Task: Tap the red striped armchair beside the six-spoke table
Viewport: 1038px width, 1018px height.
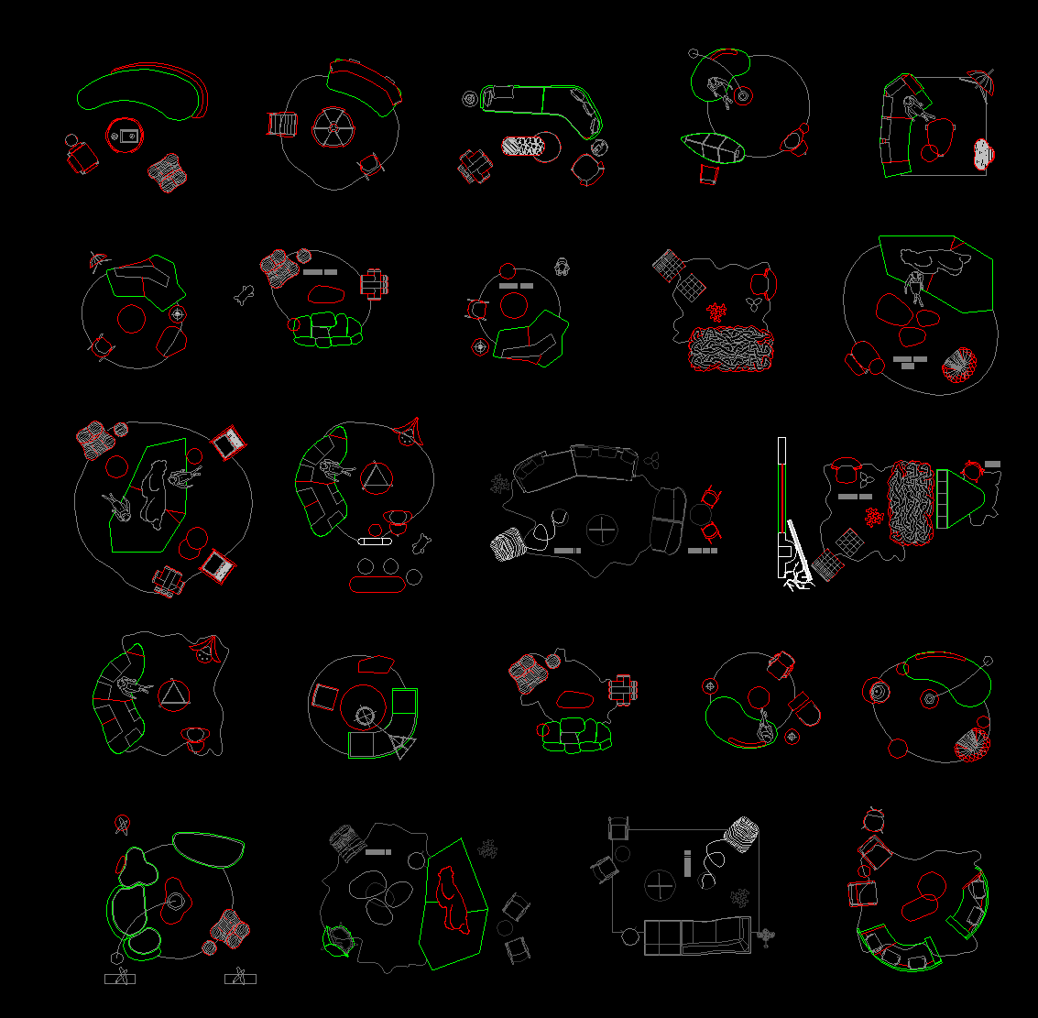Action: click(282, 124)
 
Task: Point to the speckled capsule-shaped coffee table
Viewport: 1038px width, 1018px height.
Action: click(530, 146)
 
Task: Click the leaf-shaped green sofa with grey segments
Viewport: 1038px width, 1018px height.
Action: click(713, 148)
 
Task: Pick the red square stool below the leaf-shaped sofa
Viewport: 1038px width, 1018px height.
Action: click(708, 174)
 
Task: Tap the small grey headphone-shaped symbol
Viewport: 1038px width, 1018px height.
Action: click(563, 267)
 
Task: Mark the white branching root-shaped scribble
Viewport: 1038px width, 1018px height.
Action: click(798, 581)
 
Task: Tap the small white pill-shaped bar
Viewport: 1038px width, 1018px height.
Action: click(375, 542)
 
